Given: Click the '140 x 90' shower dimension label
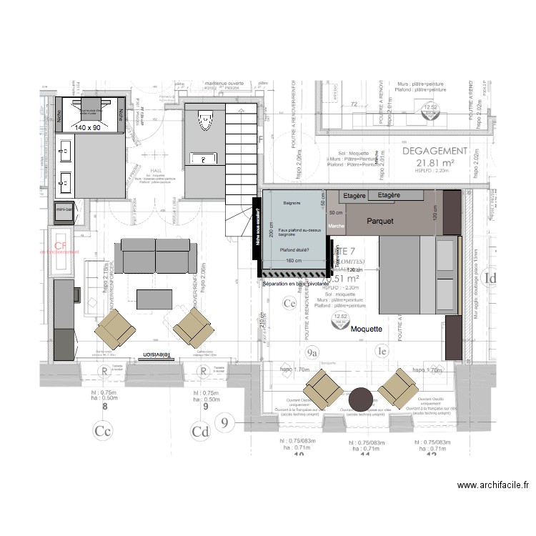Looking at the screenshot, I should click(x=89, y=126).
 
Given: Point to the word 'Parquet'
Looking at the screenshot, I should click(x=381, y=222).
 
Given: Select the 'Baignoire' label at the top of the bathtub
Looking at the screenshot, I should click(x=292, y=204).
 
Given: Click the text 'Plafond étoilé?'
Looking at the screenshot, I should click(x=294, y=249).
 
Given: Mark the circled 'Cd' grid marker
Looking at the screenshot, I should click(x=200, y=431).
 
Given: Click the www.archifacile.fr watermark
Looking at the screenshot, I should click(x=493, y=485).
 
